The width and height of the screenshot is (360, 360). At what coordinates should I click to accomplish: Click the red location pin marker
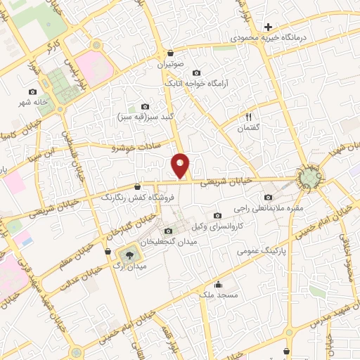(181, 166)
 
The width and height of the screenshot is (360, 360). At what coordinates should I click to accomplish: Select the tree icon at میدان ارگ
(129, 253)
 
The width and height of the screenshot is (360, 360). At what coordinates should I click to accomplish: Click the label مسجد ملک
(216, 295)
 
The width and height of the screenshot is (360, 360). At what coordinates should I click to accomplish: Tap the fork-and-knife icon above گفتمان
(248, 117)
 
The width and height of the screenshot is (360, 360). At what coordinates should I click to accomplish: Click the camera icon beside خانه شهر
(32, 91)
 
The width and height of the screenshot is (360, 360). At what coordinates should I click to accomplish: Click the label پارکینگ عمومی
(259, 250)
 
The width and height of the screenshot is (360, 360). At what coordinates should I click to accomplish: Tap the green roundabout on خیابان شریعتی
(309, 178)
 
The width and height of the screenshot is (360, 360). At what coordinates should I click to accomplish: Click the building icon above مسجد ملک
(219, 285)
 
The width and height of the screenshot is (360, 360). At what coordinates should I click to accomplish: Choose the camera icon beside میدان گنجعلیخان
(167, 231)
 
